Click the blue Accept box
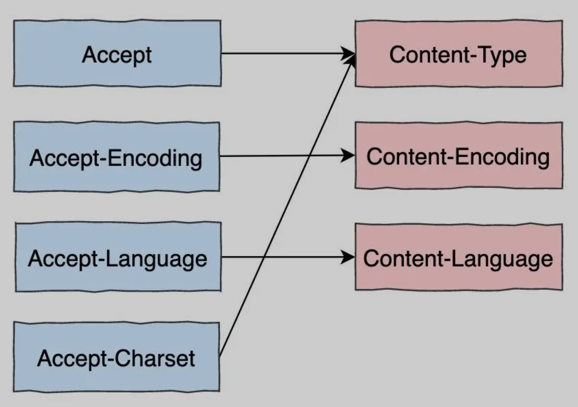(117, 53)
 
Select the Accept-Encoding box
(117, 157)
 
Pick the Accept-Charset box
(116, 357)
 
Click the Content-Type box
(459, 54)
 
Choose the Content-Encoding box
(459, 155)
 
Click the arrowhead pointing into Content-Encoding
(349, 155)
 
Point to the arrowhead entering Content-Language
(349, 257)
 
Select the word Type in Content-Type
(505, 55)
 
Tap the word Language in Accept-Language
(156, 259)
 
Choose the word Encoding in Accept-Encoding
(155, 158)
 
